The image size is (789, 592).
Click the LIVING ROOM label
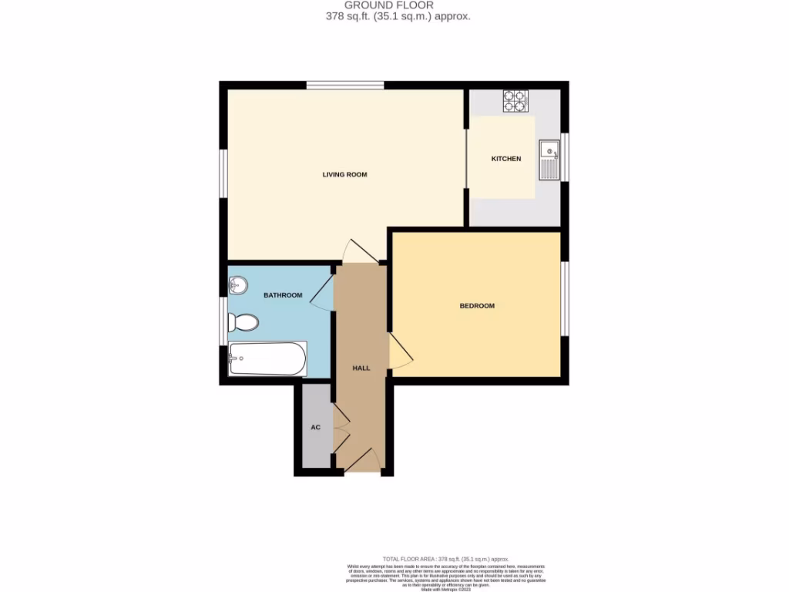click(x=344, y=175)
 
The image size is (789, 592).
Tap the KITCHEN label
click(x=506, y=159)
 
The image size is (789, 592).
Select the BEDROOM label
click(x=477, y=306)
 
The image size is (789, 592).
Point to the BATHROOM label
click(x=283, y=295)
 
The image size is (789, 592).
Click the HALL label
click(x=361, y=368)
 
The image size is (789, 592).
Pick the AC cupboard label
click(x=315, y=427)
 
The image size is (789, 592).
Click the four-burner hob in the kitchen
click(x=515, y=101)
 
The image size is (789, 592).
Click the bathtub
click(x=267, y=358)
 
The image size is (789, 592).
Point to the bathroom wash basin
click(x=237, y=286)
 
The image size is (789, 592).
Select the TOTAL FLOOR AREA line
click(x=445, y=559)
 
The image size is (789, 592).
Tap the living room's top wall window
click(x=344, y=85)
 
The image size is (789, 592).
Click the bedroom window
click(x=565, y=299)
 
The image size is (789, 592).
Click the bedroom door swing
click(x=400, y=351)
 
